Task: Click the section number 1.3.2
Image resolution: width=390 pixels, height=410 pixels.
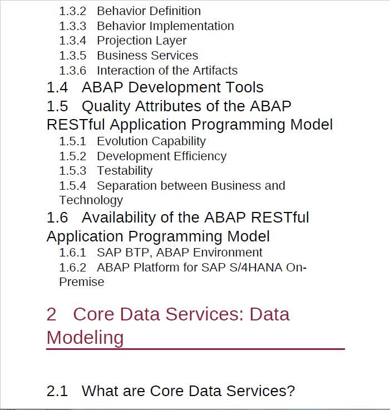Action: tap(73, 11)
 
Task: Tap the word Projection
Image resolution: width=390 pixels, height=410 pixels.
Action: tap(122, 41)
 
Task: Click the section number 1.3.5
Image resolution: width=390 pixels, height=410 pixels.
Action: tap(73, 56)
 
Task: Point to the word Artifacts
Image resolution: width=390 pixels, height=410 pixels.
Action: tap(215, 71)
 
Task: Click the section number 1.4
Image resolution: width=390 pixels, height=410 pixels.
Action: tap(57, 87)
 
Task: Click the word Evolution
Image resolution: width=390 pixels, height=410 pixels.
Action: tap(122, 141)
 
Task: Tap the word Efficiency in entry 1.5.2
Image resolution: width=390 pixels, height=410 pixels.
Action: tap(200, 156)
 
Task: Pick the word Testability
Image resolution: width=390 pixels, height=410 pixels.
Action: tap(125, 171)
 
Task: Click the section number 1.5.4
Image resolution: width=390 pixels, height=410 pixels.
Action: tap(73, 186)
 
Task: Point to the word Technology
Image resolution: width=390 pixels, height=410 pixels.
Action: tap(91, 201)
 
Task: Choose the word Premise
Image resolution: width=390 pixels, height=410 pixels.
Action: tap(82, 282)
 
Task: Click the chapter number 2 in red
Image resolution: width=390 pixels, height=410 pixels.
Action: tap(52, 314)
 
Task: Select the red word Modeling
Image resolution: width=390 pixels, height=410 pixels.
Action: tap(85, 338)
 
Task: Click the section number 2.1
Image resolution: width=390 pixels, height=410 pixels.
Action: tap(57, 391)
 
